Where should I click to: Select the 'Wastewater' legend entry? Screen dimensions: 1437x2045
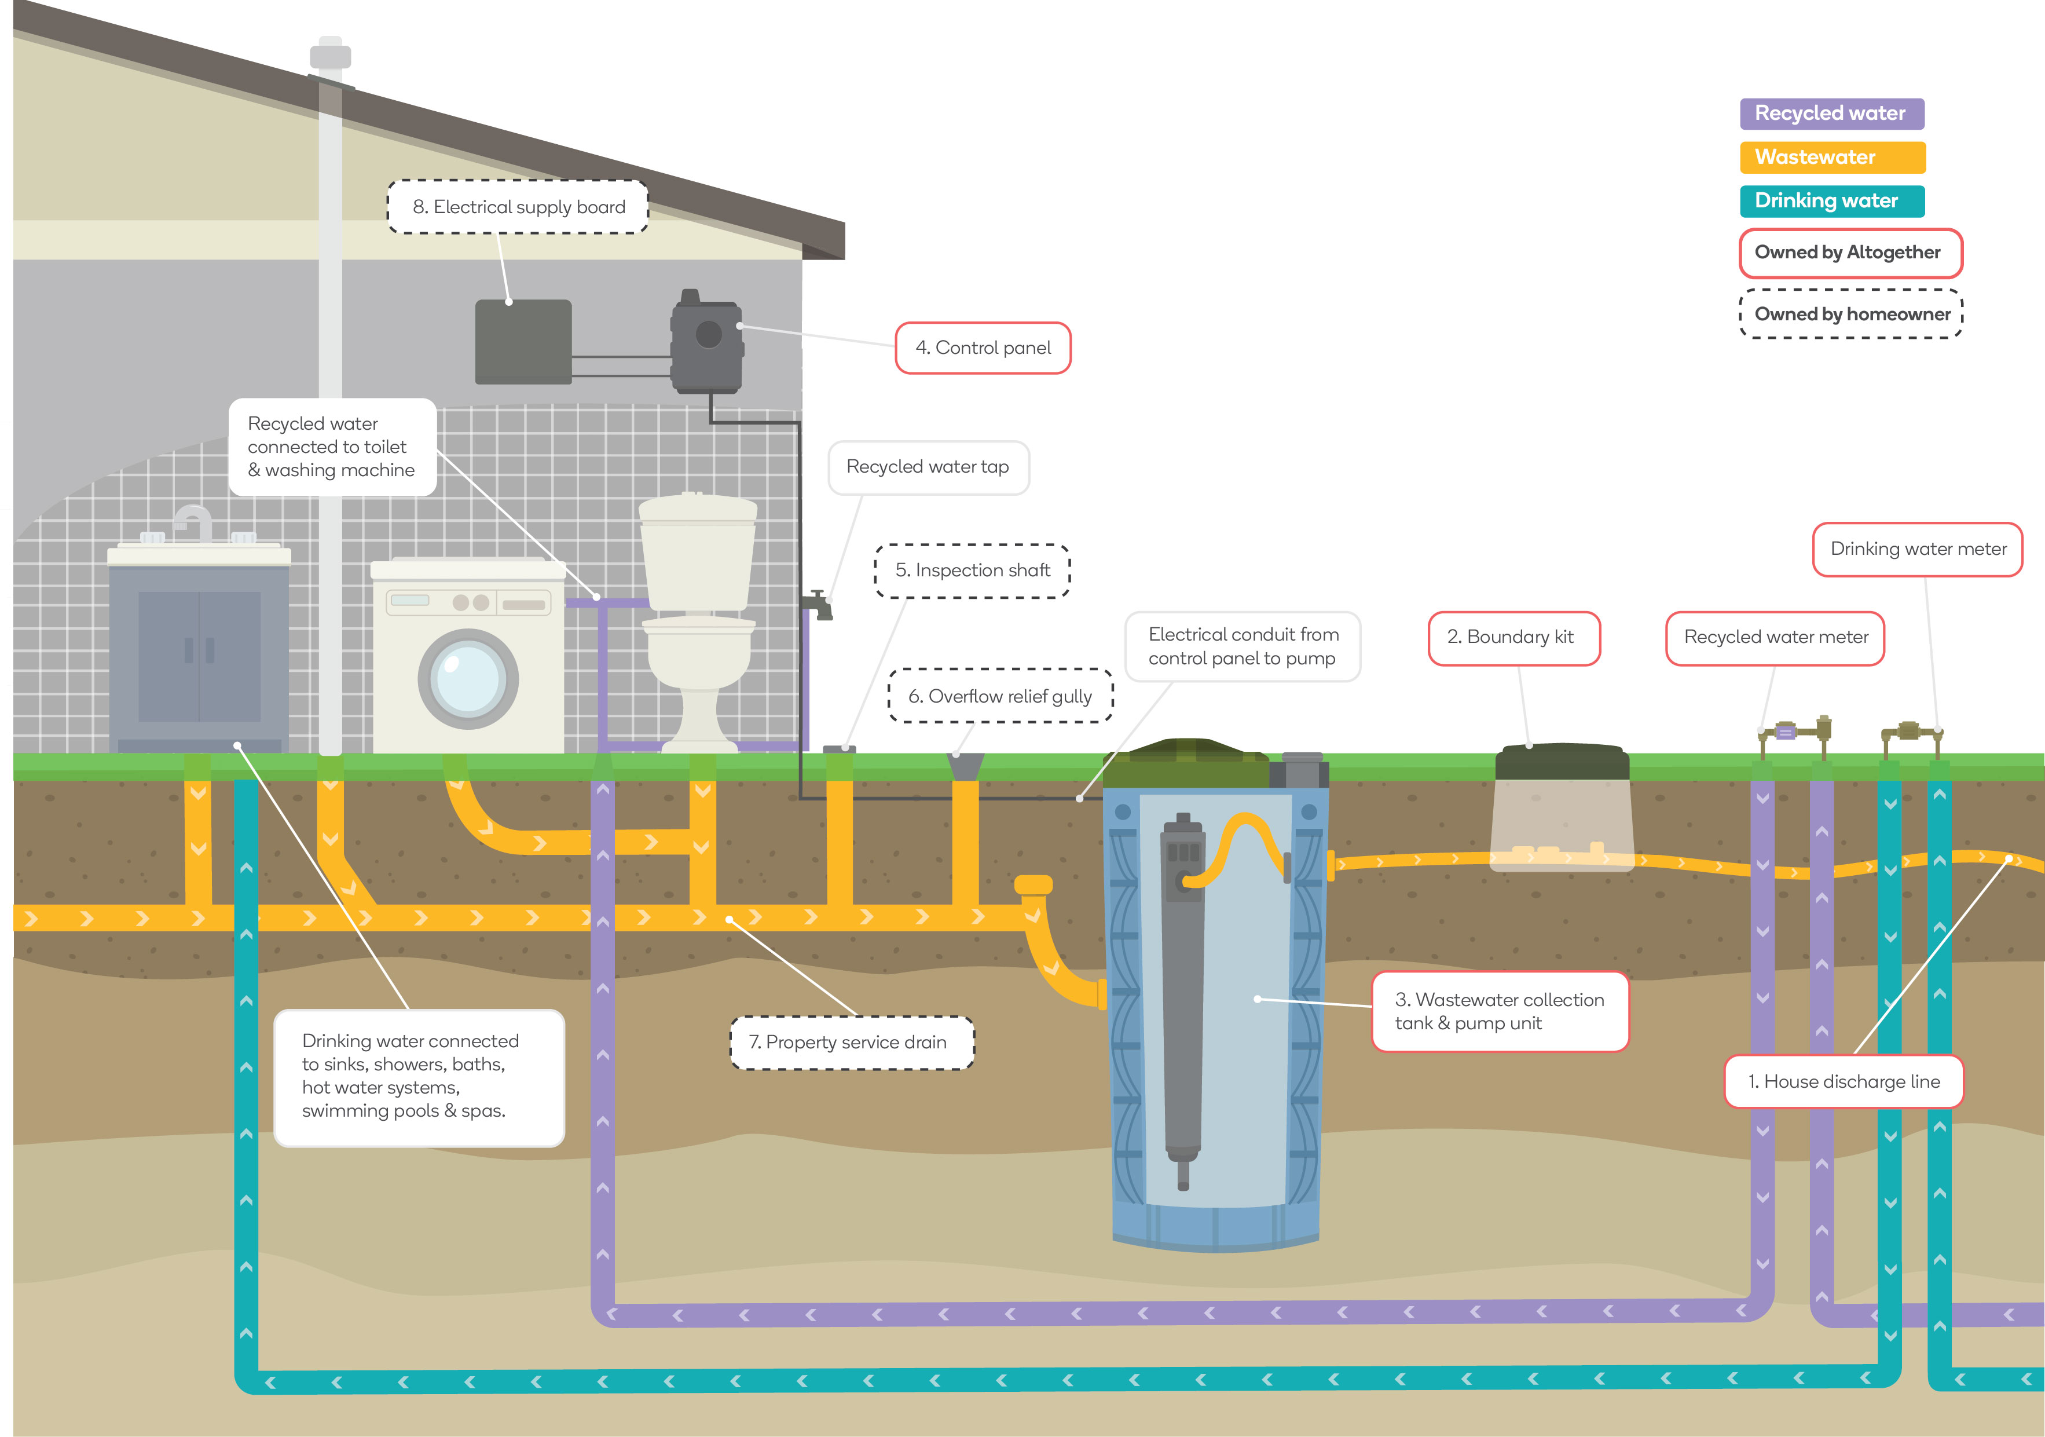[1831, 158]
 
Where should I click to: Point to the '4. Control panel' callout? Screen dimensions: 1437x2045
[983, 348]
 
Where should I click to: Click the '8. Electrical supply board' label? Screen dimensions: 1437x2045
[518, 207]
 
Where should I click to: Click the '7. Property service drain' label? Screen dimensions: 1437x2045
[852, 1043]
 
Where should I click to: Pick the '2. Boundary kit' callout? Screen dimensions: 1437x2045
[1513, 638]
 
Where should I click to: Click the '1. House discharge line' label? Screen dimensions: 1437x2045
[1843, 1081]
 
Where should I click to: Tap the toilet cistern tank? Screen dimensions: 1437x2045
[698, 553]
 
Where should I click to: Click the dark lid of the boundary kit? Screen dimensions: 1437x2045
[1562, 762]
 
